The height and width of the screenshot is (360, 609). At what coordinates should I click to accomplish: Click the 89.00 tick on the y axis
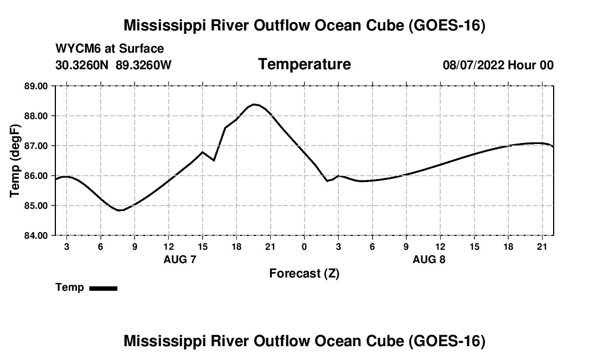(36, 86)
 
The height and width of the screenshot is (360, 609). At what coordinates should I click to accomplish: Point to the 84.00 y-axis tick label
(36, 235)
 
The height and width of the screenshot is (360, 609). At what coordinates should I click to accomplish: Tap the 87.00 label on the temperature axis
(36, 146)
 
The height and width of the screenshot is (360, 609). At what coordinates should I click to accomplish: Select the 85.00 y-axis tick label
(36, 205)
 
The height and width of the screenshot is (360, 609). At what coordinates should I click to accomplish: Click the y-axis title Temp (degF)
(15, 161)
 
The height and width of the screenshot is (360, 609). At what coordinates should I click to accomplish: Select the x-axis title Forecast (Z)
(304, 274)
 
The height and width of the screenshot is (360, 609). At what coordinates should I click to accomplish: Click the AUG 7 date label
(180, 259)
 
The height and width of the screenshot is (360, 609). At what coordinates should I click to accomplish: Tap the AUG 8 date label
(429, 259)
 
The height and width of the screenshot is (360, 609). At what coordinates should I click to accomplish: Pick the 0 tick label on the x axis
(304, 246)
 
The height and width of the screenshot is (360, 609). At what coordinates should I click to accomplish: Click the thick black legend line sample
(104, 288)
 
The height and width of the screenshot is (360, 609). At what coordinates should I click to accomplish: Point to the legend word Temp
(70, 287)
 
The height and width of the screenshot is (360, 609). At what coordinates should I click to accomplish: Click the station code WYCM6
(78, 49)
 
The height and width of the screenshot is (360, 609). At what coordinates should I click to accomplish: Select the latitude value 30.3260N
(82, 65)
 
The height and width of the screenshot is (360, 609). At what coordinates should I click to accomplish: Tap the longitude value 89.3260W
(143, 65)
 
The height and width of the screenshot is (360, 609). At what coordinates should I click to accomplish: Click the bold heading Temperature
(304, 64)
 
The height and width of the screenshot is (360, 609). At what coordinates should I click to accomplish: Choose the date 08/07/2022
(473, 65)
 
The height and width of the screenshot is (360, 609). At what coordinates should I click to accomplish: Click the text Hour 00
(530, 65)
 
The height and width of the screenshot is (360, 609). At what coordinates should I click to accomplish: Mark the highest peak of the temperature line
(254, 104)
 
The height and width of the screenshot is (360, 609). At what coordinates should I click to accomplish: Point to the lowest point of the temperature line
(121, 210)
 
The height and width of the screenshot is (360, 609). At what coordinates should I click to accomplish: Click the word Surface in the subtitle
(141, 49)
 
